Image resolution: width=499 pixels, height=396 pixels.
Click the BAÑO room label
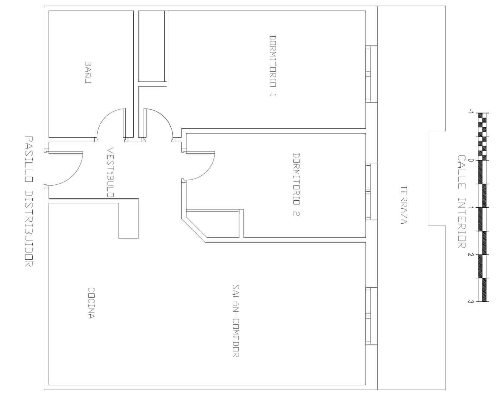pyautogui.click(x=88, y=72)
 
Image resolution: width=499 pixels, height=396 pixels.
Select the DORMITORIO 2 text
pyautogui.click(x=296, y=184)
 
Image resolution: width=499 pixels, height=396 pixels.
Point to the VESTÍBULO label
pyautogui.click(x=111, y=172)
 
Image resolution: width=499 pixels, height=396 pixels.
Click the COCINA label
pyautogui.click(x=91, y=303)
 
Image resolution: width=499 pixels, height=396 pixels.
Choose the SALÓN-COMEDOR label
pyautogui.click(x=236, y=321)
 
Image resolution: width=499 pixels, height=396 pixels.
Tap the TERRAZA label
pyautogui.click(x=403, y=205)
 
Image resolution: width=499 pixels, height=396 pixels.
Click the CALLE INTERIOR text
pyautogui.click(x=461, y=202)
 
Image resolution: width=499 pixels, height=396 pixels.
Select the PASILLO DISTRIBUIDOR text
pyautogui.click(x=29, y=201)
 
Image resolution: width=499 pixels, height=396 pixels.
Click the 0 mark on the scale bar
pyautogui.click(x=471, y=160)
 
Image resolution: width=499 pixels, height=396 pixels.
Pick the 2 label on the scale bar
pyautogui.click(x=471, y=255)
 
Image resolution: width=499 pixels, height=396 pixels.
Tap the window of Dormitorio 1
pyautogui.click(x=368, y=74)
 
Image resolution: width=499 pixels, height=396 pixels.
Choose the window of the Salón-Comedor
pyautogui.click(x=368, y=316)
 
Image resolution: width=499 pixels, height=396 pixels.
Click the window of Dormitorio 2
pyautogui.click(x=368, y=191)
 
